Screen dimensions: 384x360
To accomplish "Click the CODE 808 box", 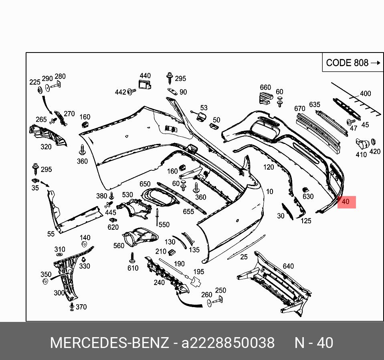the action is tap(353, 63).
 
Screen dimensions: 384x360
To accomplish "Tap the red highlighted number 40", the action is tap(346, 202).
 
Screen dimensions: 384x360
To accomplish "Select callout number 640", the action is tap(288, 266).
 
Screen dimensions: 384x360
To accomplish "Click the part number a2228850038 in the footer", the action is tap(228, 343).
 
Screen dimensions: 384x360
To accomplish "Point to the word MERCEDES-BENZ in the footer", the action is tap(109, 343).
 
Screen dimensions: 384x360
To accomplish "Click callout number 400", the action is tap(365, 93).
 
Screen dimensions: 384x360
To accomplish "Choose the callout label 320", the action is tap(46, 147).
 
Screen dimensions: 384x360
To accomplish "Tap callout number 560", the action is tap(119, 245).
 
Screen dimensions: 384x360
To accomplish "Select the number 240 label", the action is tap(159, 282).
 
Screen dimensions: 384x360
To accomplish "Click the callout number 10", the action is tap(269, 192).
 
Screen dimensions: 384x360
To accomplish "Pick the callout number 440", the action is tap(145, 75).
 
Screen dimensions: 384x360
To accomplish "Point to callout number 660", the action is tap(265, 87).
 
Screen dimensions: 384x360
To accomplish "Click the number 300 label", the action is tap(59, 293).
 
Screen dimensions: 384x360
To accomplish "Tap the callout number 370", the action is tap(81, 307).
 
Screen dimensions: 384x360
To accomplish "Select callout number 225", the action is tap(35, 82).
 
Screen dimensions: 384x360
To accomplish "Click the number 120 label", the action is tap(269, 167).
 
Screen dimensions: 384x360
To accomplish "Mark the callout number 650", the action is tap(145, 184).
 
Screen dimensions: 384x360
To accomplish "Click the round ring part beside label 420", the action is tap(373, 142).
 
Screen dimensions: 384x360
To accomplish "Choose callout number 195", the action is tap(199, 271).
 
